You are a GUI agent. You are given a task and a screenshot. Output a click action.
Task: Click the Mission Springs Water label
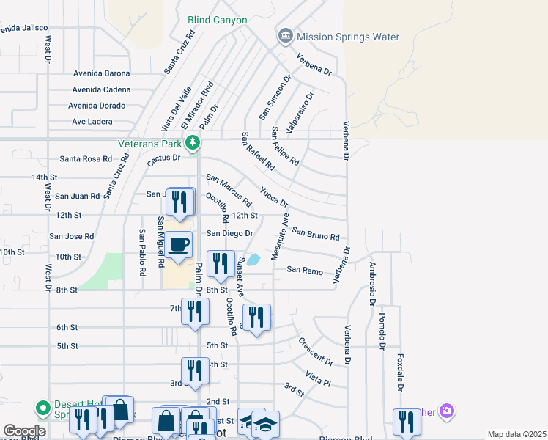(x=347, y=37)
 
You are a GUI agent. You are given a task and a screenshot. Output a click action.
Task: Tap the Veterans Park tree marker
(x=193, y=143)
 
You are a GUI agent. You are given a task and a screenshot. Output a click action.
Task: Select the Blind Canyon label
(x=218, y=21)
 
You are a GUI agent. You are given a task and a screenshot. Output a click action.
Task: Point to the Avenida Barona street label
(x=102, y=73)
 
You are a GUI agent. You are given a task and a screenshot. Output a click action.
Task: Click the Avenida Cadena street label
(x=101, y=89)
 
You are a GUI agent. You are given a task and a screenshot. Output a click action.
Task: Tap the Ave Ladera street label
(x=97, y=121)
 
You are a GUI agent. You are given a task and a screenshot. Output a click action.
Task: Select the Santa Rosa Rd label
(x=86, y=158)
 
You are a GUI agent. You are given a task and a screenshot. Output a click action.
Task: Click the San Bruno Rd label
(x=316, y=234)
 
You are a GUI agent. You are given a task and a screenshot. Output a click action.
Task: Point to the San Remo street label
(x=305, y=271)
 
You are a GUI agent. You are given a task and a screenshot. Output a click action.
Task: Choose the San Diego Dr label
(x=229, y=233)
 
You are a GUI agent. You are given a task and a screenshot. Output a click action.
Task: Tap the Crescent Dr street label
(x=316, y=352)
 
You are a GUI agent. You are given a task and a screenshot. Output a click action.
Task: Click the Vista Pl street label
(x=319, y=378)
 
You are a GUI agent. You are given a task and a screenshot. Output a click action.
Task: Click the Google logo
(x=24, y=431)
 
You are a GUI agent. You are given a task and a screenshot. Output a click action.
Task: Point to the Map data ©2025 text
(x=516, y=434)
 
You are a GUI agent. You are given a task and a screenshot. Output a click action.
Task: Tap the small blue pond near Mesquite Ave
(x=253, y=260)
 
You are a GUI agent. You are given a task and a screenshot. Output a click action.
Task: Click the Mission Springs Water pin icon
(x=285, y=36)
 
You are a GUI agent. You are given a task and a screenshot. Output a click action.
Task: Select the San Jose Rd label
(x=72, y=237)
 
